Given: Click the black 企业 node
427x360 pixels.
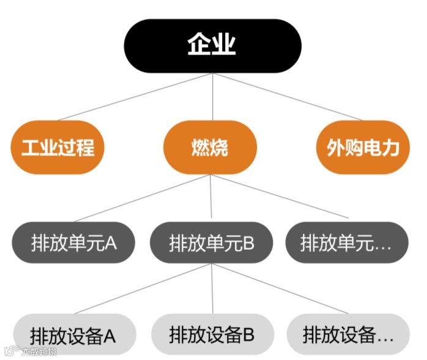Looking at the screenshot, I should [x=212, y=45].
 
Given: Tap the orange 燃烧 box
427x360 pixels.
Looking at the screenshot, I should [x=210, y=147].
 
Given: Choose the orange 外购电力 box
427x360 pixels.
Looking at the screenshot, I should [x=362, y=147].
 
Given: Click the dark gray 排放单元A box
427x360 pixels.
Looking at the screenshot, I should [x=74, y=243].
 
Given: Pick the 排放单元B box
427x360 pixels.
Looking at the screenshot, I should [x=211, y=243].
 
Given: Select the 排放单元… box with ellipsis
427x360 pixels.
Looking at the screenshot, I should [x=346, y=243].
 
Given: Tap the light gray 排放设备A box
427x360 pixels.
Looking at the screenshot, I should [x=74, y=334].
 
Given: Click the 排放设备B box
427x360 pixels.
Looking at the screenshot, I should [x=211, y=334].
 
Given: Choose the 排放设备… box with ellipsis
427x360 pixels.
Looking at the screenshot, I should [x=347, y=334].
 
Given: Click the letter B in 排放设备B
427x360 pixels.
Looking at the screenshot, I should [x=248, y=335].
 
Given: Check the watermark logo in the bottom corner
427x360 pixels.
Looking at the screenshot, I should [x=10, y=351].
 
